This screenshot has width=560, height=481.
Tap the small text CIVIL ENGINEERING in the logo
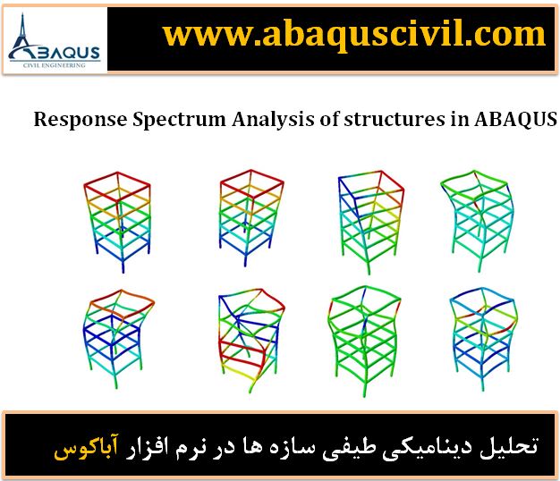(x=55, y=65)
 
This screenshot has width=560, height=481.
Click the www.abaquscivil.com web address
(x=354, y=35)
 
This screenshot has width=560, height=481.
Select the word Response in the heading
(x=81, y=120)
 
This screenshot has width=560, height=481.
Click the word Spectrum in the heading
(x=179, y=120)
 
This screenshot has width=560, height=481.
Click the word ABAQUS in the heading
(x=515, y=119)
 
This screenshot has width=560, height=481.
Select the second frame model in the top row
(x=251, y=217)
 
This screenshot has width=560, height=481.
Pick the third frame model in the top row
(x=370, y=222)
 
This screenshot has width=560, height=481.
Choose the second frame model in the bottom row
(x=251, y=341)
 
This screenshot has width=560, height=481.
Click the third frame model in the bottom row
(x=364, y=341)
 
